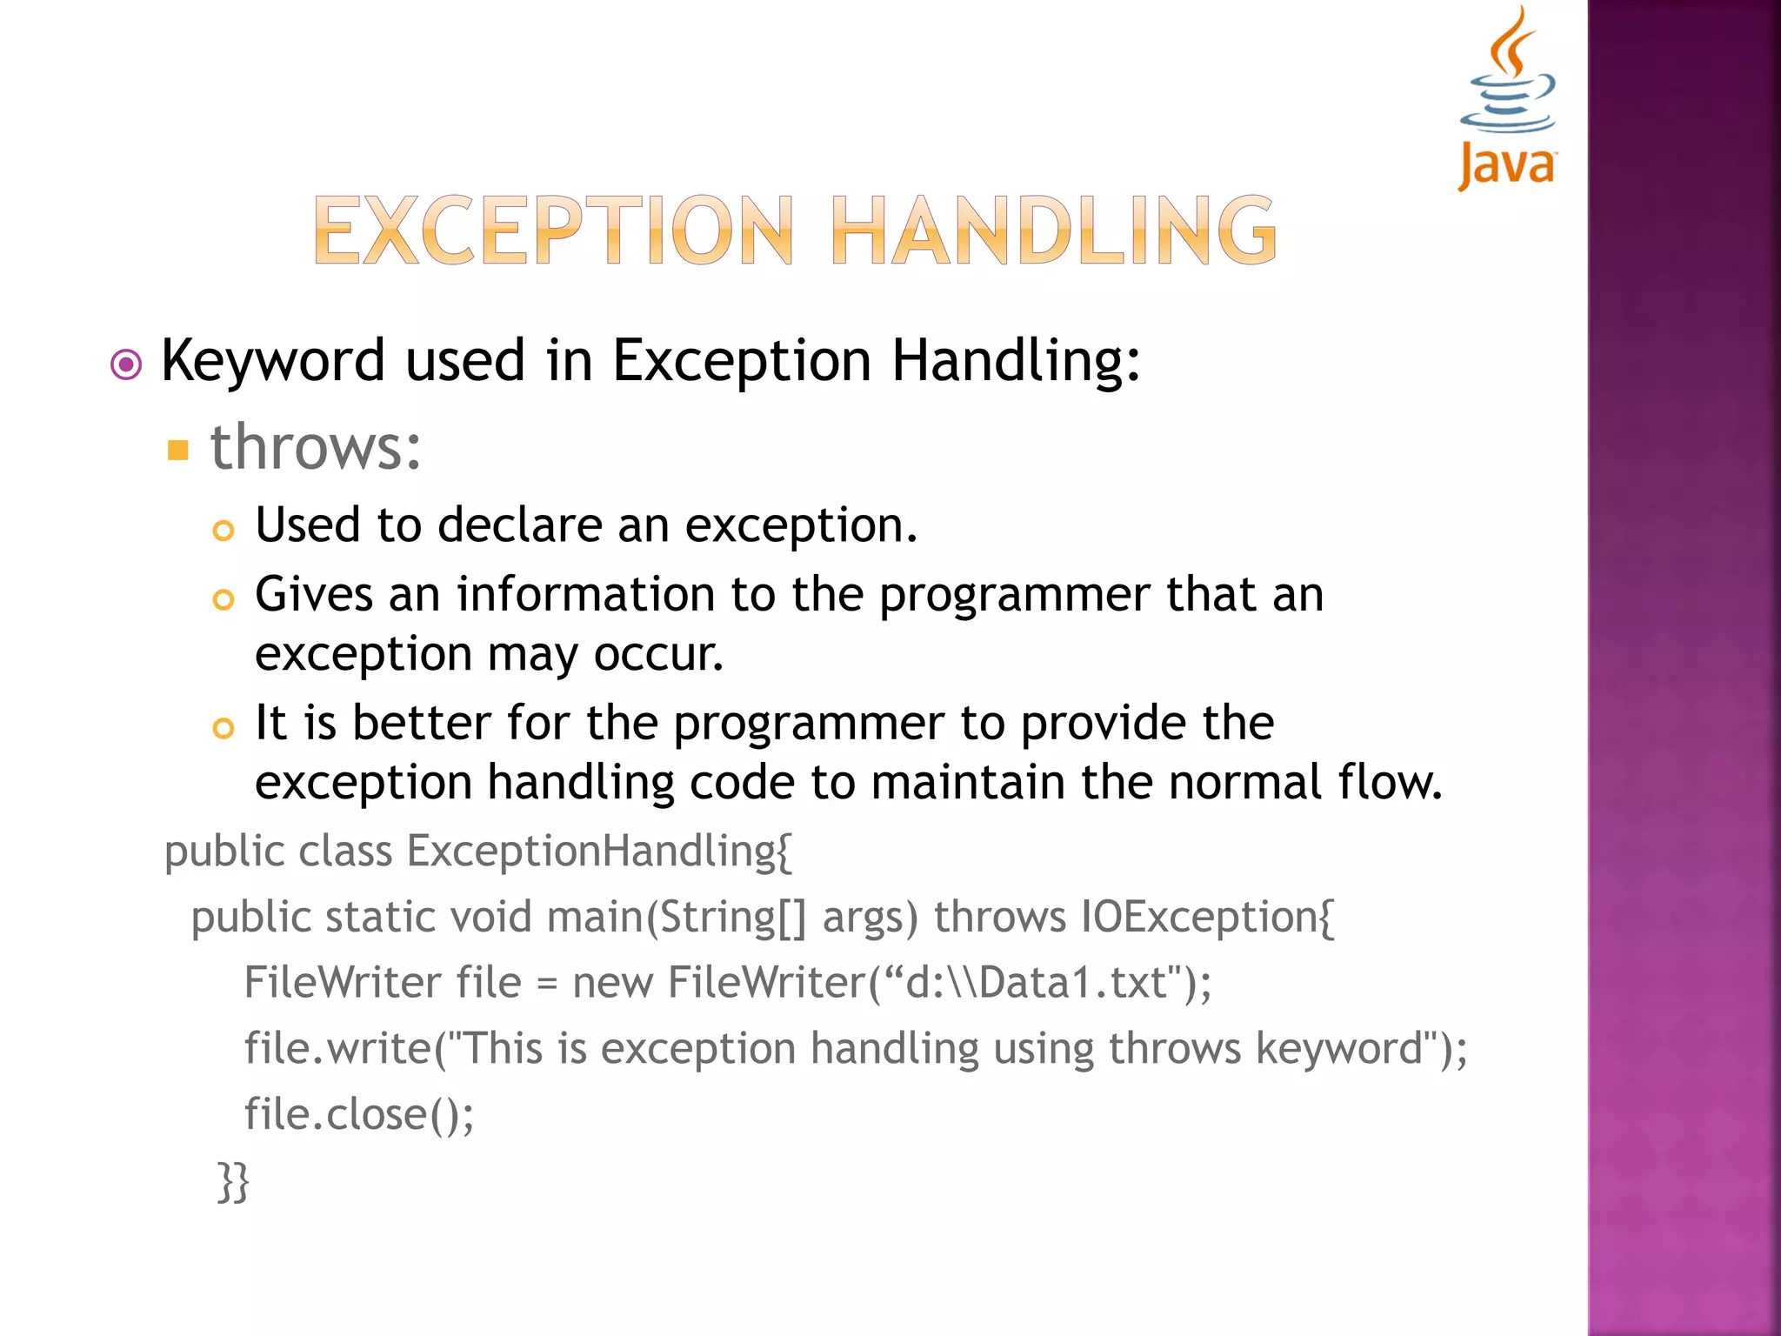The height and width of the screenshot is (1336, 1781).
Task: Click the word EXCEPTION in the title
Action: (x=553, y=230)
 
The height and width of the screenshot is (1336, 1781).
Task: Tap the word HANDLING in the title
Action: (x=1054, y=230)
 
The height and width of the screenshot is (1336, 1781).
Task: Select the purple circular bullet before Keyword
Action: (x=127, y=364)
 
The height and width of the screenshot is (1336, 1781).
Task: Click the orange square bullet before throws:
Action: (x=178, y=450)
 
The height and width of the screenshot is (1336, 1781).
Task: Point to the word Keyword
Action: (x=273, y=361)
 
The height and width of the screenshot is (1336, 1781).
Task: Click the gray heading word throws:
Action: (x=316, y=447)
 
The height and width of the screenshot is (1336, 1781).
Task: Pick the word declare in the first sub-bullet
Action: (x=519, y=525)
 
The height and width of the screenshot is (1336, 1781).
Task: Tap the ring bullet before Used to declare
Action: (x=223, y=531)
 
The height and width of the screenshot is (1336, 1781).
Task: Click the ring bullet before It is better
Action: (x=223, y=728)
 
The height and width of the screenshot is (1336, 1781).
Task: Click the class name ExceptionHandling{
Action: (x=599, y=852)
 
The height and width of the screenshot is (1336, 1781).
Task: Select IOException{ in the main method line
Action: (x=1207, y=918)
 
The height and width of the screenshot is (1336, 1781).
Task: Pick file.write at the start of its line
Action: (x=337, y=1049)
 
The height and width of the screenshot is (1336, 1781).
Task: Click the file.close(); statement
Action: (x=359, y=1115)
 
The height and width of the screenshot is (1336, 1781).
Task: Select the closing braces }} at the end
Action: (x=233, y=1181)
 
